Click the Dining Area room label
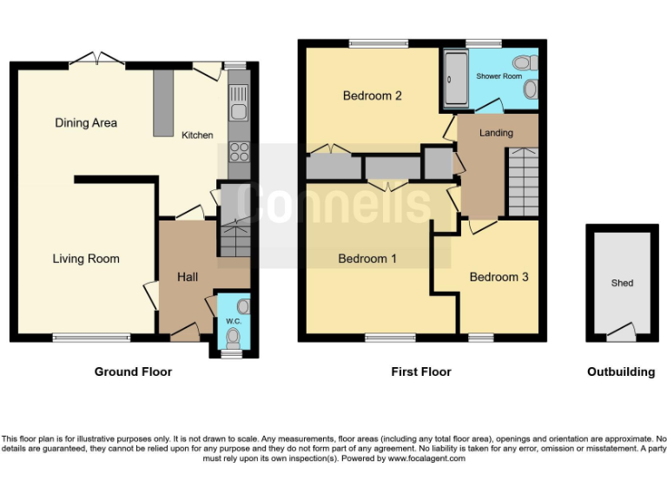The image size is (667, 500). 86,123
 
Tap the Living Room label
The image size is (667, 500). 86,259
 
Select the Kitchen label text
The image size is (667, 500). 197,135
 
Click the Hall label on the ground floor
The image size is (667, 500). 188,277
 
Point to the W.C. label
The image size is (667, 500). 233,321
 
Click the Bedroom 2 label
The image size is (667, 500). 372,95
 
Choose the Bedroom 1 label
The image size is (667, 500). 367,259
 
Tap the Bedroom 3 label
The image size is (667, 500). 499,277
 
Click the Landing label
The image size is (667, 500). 496,133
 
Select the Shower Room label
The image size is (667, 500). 499,76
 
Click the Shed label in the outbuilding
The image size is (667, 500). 622,283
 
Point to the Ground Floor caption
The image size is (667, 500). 133,372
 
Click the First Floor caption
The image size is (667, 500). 421,372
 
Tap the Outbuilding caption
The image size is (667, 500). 621,372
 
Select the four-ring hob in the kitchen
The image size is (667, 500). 239,152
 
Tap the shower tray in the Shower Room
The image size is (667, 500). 455,80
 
